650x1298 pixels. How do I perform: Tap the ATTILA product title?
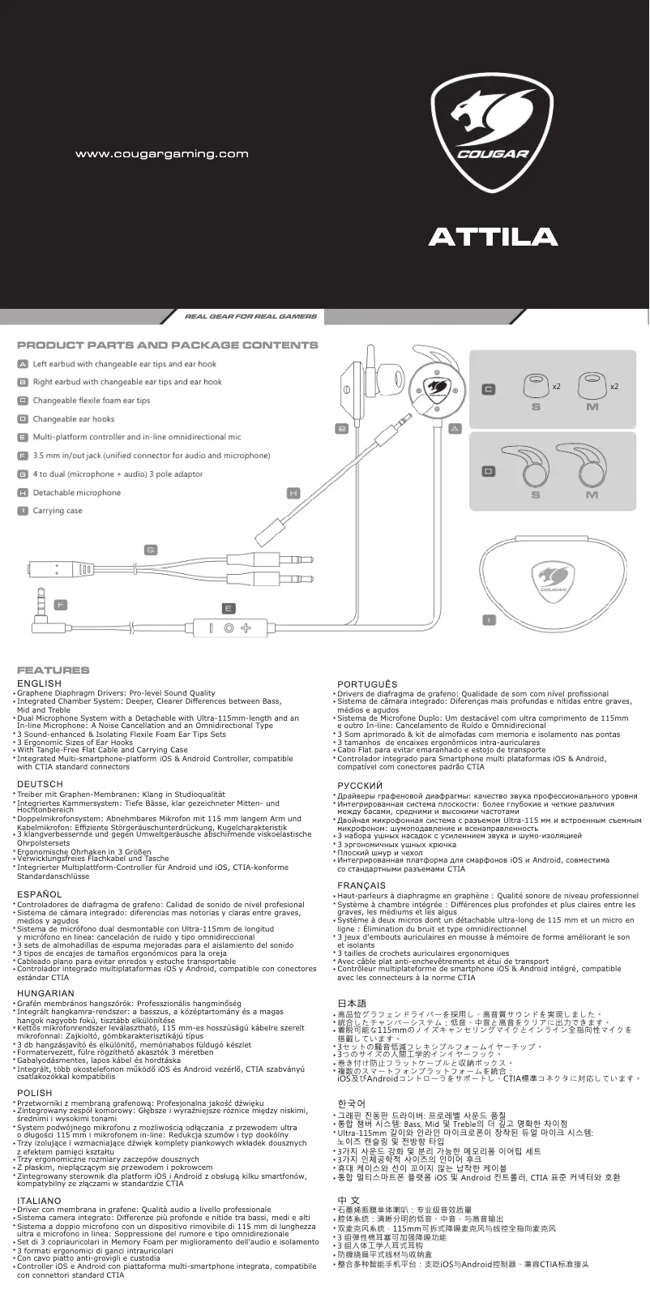click(x=493, y=236)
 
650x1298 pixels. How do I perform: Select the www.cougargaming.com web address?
click(x=161, y=153)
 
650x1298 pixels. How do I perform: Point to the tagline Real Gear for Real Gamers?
click(x=250, y=316)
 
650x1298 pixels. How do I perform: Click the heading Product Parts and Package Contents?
click(x=168, y=345)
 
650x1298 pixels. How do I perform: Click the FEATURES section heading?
click(x=53, y=670)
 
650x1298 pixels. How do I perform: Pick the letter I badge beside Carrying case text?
click(x=24, y=512)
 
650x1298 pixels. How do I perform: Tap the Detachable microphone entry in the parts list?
click(x=77, y=493)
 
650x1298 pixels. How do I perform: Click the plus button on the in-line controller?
click(x=246, y=628)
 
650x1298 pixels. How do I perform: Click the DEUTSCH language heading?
click(x=40, y=784)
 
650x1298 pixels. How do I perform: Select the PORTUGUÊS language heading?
click(x=367, y=685)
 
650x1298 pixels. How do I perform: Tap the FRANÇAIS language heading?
click(x=361, y=885)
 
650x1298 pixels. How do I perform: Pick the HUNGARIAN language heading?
click(x=45, y=993)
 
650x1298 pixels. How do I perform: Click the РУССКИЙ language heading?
click(x=360, y=786)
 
